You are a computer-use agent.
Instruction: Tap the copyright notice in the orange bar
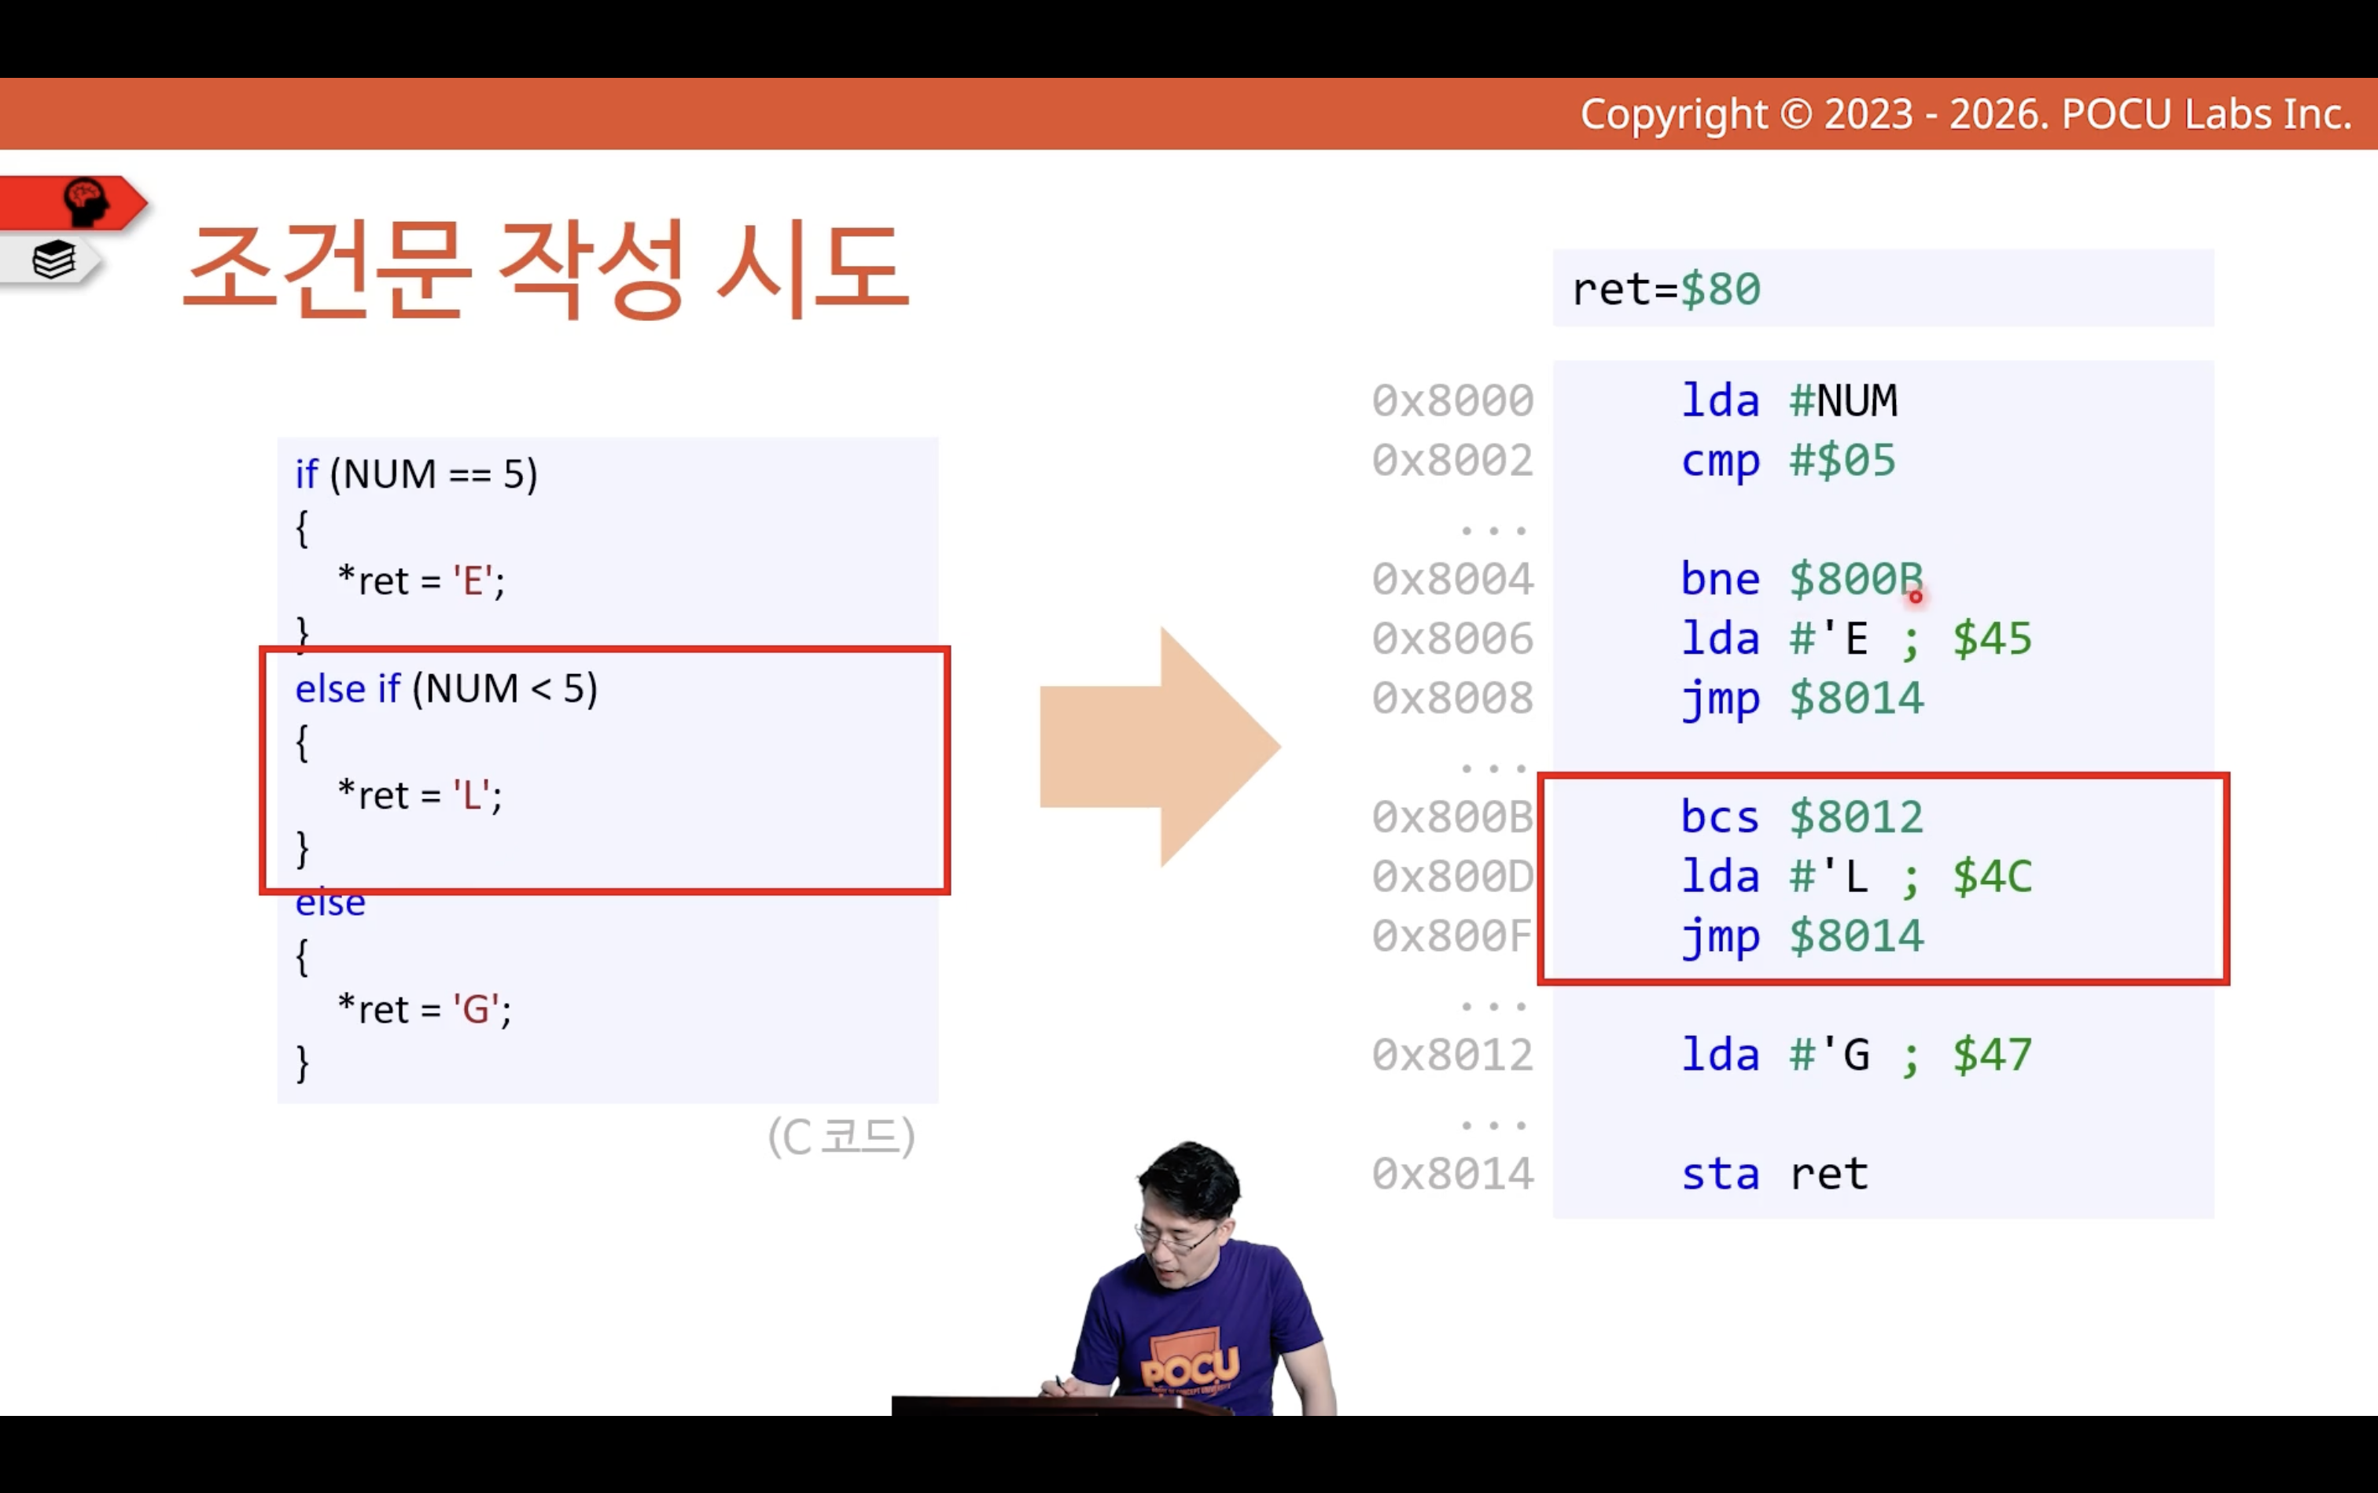point(1965,115)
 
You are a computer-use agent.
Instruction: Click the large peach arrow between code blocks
point(1161,746)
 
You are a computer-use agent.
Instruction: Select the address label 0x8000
point(1452,401)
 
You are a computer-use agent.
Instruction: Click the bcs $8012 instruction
point(1802,817)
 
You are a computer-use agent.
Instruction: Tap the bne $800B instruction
point(1802,580)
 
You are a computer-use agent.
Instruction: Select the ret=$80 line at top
point(1666,289)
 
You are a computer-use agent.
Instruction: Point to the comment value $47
point(1992,1056)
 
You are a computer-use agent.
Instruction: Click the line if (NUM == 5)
point(417,475)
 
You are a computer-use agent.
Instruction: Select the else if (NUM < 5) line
point(446,689)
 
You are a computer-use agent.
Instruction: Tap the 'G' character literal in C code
point(476,1009)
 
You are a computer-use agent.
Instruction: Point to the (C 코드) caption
point(841,1137)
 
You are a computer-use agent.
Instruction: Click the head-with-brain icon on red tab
point(86,201)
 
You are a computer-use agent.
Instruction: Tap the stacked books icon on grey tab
point(53,260)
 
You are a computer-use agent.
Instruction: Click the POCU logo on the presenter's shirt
point(1190,1369)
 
